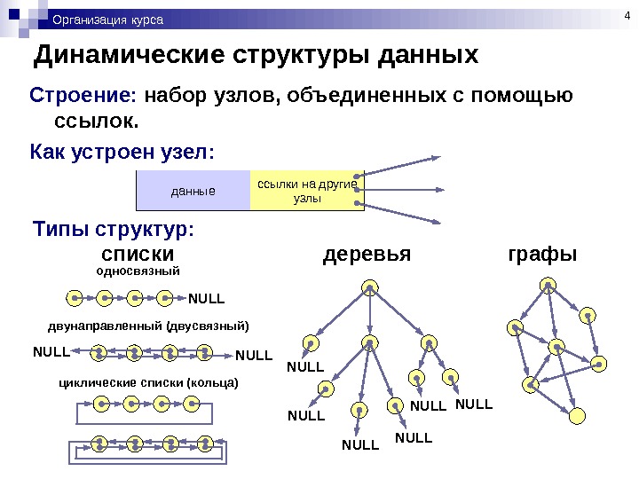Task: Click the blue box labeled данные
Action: (x=193, y=191)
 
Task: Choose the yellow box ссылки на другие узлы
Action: (x=306, y=191)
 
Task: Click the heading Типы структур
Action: (x=112, y=231)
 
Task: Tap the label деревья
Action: (x=367, y=255)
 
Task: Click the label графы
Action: (x=541, y=255)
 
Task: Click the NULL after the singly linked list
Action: (x=207, y=297)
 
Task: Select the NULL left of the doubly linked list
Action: (x=51, y=351)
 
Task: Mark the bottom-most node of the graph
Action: (x=578, y=414)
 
